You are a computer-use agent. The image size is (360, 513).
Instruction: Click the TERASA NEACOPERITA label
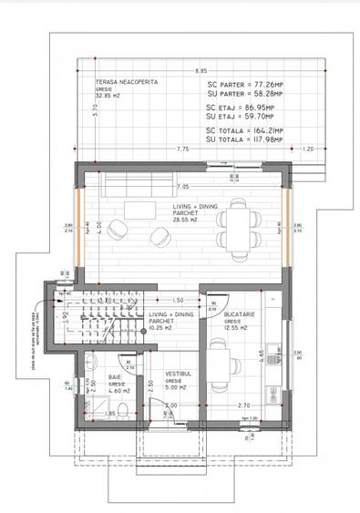[127, 82]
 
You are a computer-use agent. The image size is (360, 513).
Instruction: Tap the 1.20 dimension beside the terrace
[307, 149]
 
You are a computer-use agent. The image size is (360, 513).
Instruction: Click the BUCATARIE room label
[239, 314]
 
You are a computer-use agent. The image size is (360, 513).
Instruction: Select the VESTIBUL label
[178, 374]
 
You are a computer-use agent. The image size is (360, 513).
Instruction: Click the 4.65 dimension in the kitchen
[261, 355]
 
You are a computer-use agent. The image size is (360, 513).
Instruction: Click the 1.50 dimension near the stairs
[179, 300]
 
